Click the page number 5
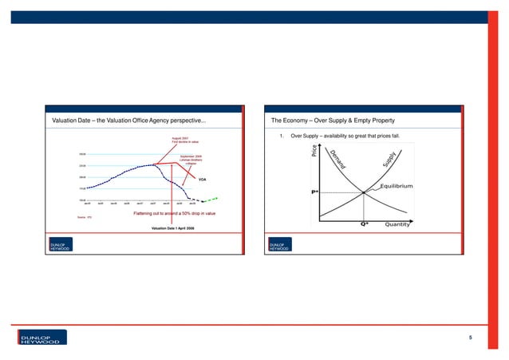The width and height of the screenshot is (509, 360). coord(471,338)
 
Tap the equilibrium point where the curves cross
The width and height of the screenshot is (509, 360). coord(363,192)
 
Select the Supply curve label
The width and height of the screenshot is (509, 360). coord(389,164)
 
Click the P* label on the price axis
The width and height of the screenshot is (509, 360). coord(315,192)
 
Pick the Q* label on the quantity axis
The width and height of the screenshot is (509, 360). coord(363,224)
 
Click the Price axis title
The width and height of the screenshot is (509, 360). coord(315,150)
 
